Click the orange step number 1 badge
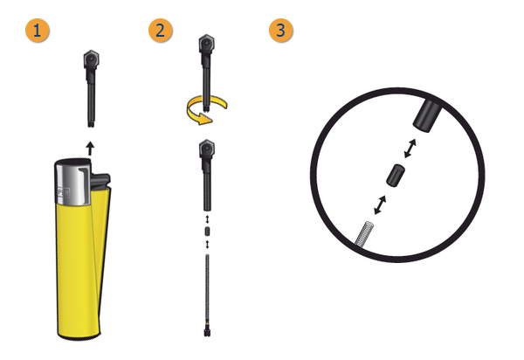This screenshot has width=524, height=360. (x=38, y=31)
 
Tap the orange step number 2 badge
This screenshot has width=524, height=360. (x=161, y=31)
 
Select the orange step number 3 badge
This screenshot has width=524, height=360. (x=281, y=31)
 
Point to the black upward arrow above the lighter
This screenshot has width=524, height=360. (x=90, y=149)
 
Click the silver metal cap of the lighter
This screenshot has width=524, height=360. (x=72, y=182)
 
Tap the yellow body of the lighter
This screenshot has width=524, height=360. (x=80, y=267)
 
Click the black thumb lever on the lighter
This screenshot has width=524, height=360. (x=100, y=181)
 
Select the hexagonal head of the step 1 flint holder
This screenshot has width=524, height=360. (x=91, y=59)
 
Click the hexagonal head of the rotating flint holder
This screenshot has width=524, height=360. (x=206, y=44)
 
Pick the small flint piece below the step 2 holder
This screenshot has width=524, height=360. (x=207, y=232)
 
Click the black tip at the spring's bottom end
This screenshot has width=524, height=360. (x=207, y=332)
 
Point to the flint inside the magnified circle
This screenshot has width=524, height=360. (x=396, y=176)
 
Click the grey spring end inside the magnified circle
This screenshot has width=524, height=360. (x=364, y=234)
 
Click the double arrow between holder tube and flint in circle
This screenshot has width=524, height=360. (x=410, y=149)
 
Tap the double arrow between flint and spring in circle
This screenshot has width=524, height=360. (x=380, y=204)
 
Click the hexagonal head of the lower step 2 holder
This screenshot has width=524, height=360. (x=207, y=149)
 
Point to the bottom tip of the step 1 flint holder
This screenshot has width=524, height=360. (x=91, y=126)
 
